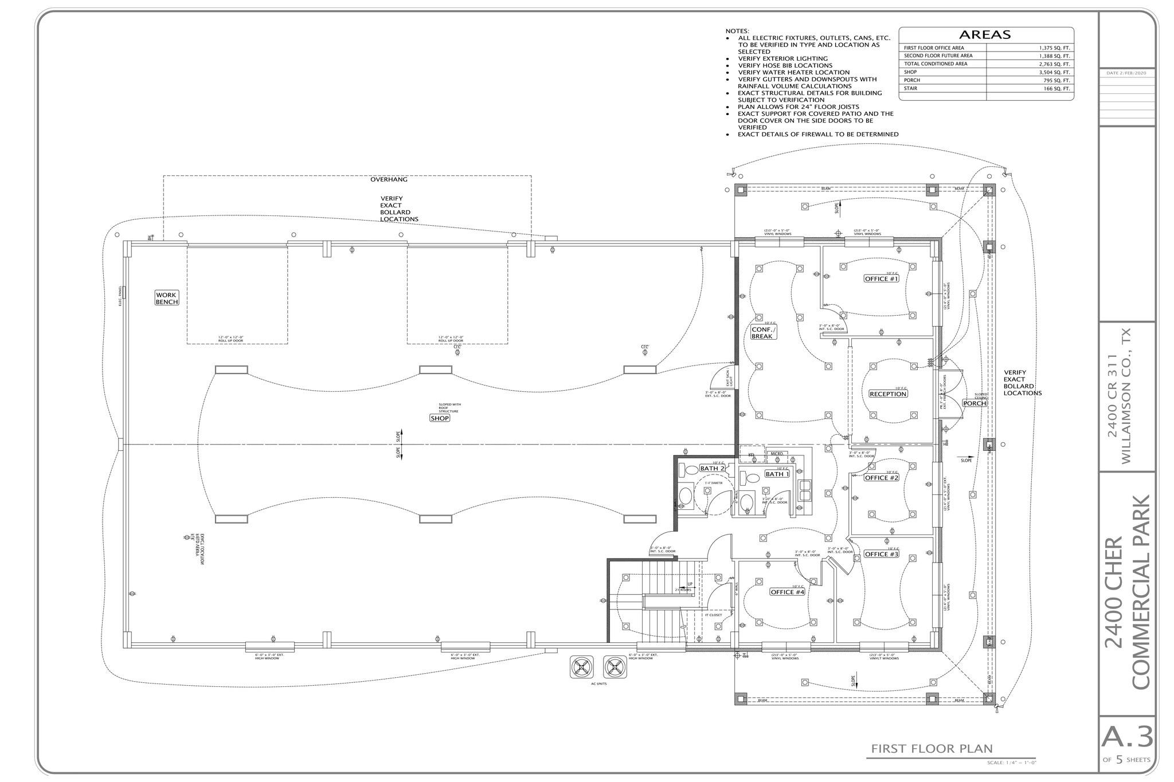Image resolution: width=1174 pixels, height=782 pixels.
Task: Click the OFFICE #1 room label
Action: [x=882, y=278]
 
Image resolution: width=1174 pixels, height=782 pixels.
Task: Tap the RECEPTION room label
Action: [x=888, y=394]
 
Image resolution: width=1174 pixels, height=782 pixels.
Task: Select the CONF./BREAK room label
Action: [x=764, y=333]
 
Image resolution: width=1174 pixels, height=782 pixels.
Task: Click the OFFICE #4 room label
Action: [x=788, y=592]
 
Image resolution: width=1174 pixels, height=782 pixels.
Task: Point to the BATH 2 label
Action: [x=712, y=468]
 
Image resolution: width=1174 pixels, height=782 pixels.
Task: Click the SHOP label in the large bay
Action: [x=440, y=418]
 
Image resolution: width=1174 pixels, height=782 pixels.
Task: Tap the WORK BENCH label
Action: [x=166, y=298]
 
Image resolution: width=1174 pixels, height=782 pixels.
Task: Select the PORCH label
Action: [x=975, y=403]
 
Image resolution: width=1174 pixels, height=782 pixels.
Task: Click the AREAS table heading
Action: [x=985, y=34]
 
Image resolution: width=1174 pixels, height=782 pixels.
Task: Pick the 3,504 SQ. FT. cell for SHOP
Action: [x=1055, y=72]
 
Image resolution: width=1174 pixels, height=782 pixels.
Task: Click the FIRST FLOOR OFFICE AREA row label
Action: [x=934, y=48]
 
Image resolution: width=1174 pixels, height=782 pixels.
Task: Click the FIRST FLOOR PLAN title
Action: [x=932, y=748]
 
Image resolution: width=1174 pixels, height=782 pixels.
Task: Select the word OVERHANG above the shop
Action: [x=389, y=179]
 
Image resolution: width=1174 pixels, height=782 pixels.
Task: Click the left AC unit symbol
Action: [x=581, y=666]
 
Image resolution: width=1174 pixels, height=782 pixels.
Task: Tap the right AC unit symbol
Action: [x=615, y=666]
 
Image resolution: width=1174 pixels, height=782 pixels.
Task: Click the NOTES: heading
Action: [x=737, y=31]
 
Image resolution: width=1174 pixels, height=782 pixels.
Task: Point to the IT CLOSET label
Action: [x=714, y=615]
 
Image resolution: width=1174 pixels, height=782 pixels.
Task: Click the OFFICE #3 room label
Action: [x=882, y=554]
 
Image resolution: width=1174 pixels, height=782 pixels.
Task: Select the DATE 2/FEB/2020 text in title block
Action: [x=1126, y=73]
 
